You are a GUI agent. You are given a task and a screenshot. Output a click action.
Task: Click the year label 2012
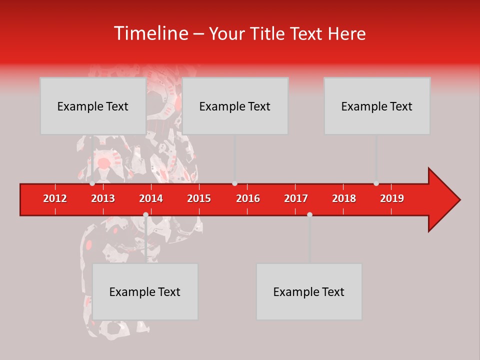pos(55,198)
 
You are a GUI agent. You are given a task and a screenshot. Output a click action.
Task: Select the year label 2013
pos(103,198)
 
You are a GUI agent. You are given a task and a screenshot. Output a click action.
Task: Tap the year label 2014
pos(151,198)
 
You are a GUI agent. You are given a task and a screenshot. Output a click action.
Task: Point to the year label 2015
pos(199,198)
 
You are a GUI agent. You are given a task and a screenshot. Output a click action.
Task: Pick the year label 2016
pos(248,198)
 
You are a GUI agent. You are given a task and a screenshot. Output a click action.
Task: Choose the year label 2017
pos(296,198)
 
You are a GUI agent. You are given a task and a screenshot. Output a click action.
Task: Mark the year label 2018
pos(344,198)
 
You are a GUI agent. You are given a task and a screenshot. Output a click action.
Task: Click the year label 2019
pos(392,198)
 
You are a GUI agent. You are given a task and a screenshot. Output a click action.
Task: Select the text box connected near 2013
pos(93,106)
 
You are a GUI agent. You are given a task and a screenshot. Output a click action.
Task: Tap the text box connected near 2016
pos(235,106)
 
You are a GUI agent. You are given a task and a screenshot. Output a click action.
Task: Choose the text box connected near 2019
pos(377,106)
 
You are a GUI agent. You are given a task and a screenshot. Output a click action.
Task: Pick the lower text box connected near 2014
pos(145,291)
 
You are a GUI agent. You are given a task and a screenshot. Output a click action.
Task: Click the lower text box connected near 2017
pos(309,291)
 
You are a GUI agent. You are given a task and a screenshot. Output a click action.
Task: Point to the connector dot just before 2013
pos(92,183)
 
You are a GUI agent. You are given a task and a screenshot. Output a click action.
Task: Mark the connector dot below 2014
pos(145,214)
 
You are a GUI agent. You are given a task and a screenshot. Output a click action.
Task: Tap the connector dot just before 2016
pos(234,183)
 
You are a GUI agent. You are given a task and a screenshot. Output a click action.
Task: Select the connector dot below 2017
pos(309,214)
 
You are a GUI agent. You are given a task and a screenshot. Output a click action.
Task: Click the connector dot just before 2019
pos(376,183)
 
